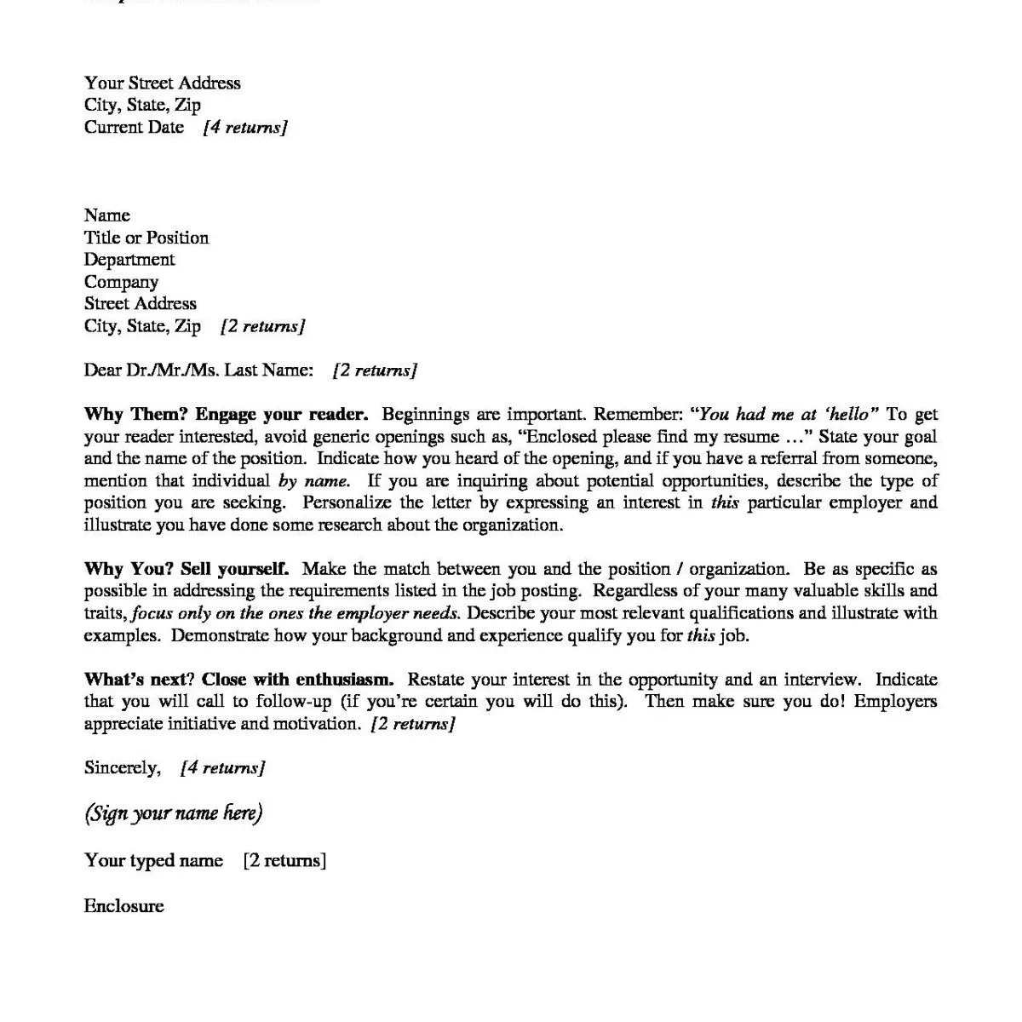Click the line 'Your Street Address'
point(162,83)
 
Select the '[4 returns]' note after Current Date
point(245,128)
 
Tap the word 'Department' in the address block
point(129,260)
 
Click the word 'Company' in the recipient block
point(121,282)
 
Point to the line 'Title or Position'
point(146,238)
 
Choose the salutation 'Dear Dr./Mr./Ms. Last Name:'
point(198,370)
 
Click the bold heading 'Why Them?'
point(135,415)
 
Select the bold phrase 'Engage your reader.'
point(282,415)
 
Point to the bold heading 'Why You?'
point(128,569)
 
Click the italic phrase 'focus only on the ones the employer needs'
point(296,613)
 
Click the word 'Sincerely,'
point(122,768)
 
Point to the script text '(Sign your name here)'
point(174,813)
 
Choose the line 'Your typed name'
point(153,860)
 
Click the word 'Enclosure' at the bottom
point(123,905)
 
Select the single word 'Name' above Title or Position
point(107,215)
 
